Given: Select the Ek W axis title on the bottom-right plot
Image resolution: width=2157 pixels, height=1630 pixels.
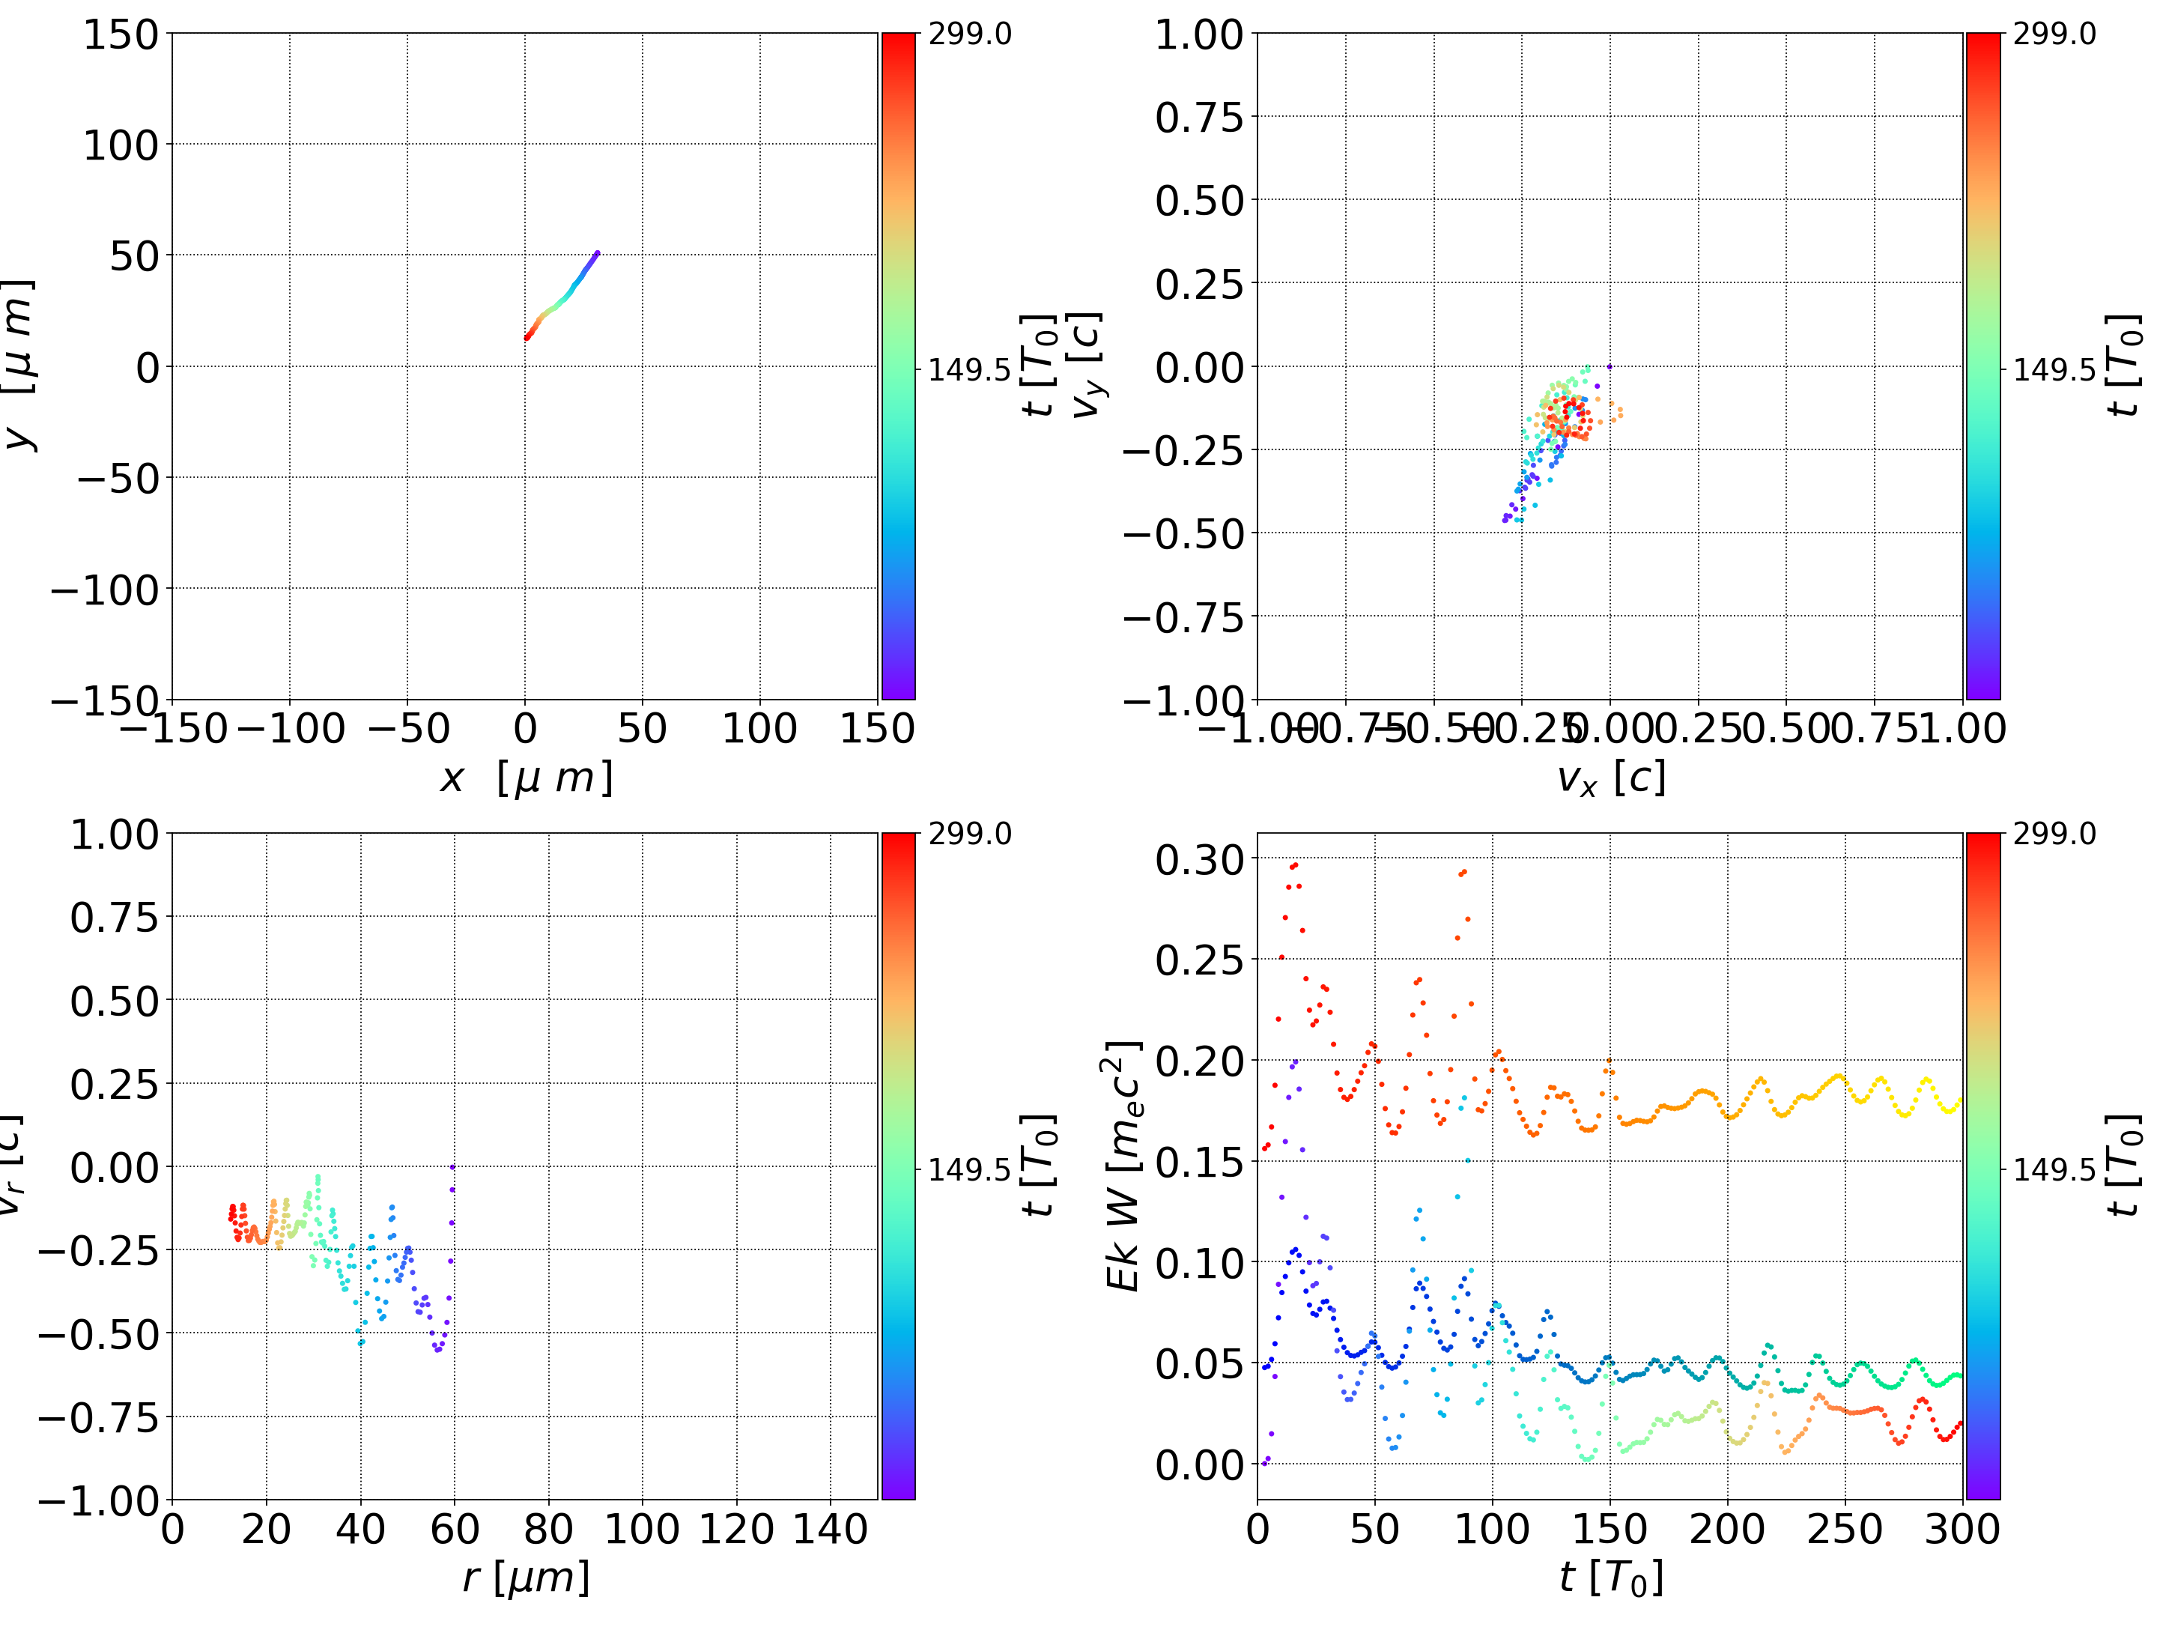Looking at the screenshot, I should click(x=1123, y=1166).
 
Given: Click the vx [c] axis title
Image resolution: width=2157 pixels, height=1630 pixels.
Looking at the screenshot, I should click(x=1610, y=778).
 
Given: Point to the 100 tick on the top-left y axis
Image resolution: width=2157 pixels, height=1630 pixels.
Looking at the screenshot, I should click(x=120, y=145).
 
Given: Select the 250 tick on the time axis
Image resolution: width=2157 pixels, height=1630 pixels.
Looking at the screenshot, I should click(x=1845, y=1529).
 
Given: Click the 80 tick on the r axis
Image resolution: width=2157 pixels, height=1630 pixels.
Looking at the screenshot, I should click(x=548, y=1529).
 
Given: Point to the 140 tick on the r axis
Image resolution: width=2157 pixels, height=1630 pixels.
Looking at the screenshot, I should click(x=830, y=1529).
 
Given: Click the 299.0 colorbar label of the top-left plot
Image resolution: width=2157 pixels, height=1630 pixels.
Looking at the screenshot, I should click(x=969, y=34).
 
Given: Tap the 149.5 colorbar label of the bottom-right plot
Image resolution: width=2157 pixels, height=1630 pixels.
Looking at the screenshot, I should click(x=2054, y=1169).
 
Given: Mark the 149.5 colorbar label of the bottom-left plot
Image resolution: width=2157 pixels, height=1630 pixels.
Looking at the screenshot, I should click(x=969, y=1169).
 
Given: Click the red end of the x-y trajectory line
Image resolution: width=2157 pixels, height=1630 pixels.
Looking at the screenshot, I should click(x=527, y=338).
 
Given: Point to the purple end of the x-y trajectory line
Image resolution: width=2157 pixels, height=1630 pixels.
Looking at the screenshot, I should click(x=597, y=254).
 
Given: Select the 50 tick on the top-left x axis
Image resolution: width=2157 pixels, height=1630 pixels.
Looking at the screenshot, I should click(x=643, y=729).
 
